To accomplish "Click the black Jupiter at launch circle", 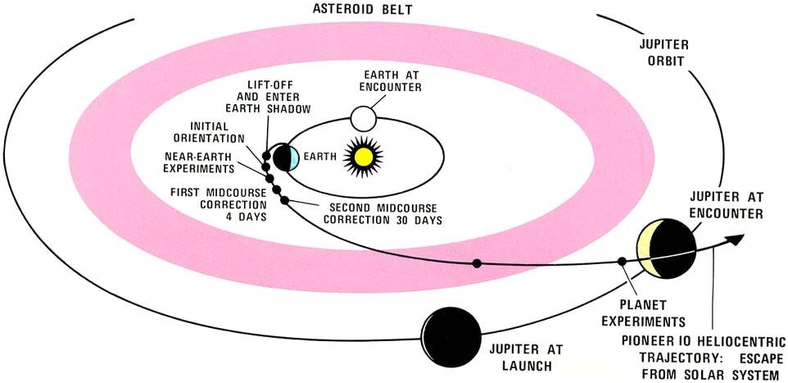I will coord(452,335).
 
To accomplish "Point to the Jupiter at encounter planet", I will coord(667,249).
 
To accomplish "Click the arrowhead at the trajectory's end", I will coord(737,237).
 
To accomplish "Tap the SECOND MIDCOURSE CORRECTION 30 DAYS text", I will coord(383,214).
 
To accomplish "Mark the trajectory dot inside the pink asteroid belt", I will coord(476,263).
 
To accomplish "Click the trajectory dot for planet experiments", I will coord(621,263).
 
